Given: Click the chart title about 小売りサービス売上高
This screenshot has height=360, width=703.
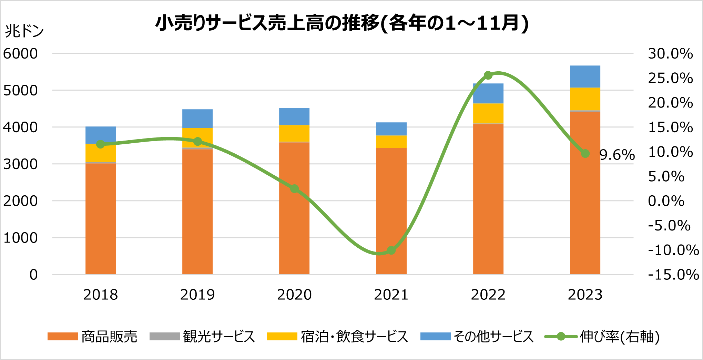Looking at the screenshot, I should [342, 23].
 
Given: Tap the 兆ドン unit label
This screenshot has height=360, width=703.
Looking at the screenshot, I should [24, 31].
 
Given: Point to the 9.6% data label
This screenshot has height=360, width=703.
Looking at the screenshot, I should [617, 155].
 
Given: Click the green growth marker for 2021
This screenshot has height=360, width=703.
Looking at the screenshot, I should [391, 250].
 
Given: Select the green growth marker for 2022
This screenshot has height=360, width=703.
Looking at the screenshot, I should [488, 75].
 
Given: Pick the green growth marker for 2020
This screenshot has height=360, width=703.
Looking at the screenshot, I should [294, 188].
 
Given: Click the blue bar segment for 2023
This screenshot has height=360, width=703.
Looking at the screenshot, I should [585, 76].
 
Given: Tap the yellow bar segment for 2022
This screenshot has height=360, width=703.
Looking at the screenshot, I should [488, 113].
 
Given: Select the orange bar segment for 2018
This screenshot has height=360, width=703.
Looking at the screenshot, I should [101, 219].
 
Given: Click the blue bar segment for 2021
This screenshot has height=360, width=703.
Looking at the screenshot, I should [391, 129].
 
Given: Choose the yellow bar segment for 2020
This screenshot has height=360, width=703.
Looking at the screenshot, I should [294, 133].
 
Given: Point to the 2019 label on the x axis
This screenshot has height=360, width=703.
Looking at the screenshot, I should [197, 295].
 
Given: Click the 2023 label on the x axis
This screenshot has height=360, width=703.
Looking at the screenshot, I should [585, 295].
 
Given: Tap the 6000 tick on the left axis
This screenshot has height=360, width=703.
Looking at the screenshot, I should [20, 54].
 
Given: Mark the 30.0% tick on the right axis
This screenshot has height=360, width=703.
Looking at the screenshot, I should [670, 54].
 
